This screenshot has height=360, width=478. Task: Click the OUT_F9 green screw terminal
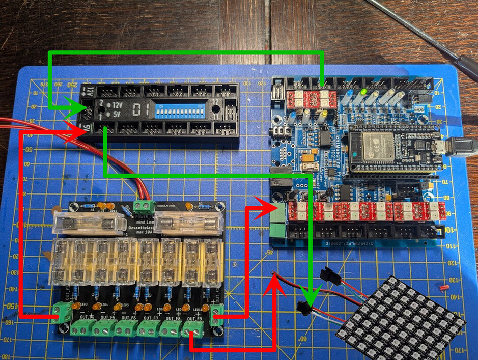193,330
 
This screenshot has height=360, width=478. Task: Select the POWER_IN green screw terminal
144,206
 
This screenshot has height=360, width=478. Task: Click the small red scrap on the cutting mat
443,287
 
